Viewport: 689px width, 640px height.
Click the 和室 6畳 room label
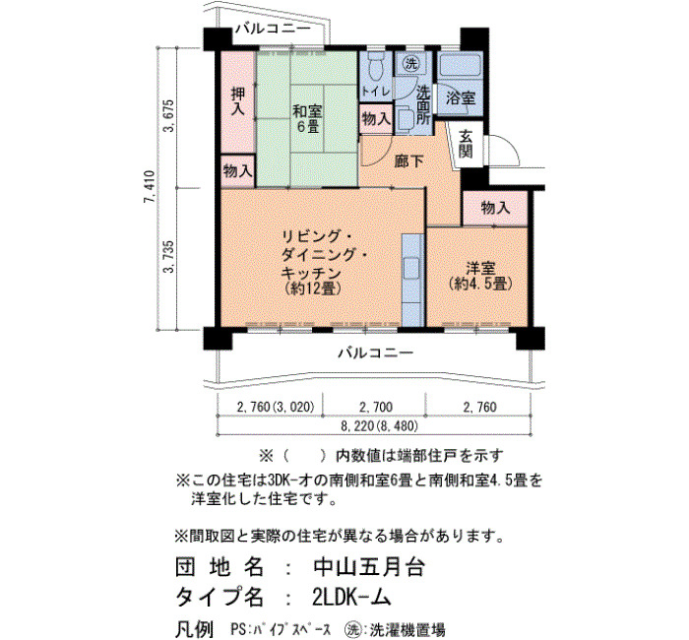(x=307, y=119)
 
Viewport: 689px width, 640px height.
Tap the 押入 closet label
(x=238, y=101)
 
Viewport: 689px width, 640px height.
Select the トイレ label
(x=376, y=92)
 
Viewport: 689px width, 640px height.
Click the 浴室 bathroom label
(x=460, y=98)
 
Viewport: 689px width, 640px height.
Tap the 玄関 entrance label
(x=466, y=145)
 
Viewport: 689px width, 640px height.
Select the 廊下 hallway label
(x=408, y=161)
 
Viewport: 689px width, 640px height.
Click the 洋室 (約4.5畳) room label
(x=481, y=276)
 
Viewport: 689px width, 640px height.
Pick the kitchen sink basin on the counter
(x=412, y=267)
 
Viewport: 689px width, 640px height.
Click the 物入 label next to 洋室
(x=495, y=208)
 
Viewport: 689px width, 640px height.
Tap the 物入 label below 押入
(x=238, y=170)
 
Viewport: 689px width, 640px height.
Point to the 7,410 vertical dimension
(x=150, y=187)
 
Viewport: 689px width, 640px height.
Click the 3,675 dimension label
(x=169, y=116)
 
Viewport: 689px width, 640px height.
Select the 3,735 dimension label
(x=169, y=257)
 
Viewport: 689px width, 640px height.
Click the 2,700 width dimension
(x=376, y=407)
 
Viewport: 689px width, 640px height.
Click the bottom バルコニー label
(x=376, y=352)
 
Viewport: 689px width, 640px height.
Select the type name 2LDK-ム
(x=351, y=597)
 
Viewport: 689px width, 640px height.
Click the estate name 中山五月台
(x=368, y=567)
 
